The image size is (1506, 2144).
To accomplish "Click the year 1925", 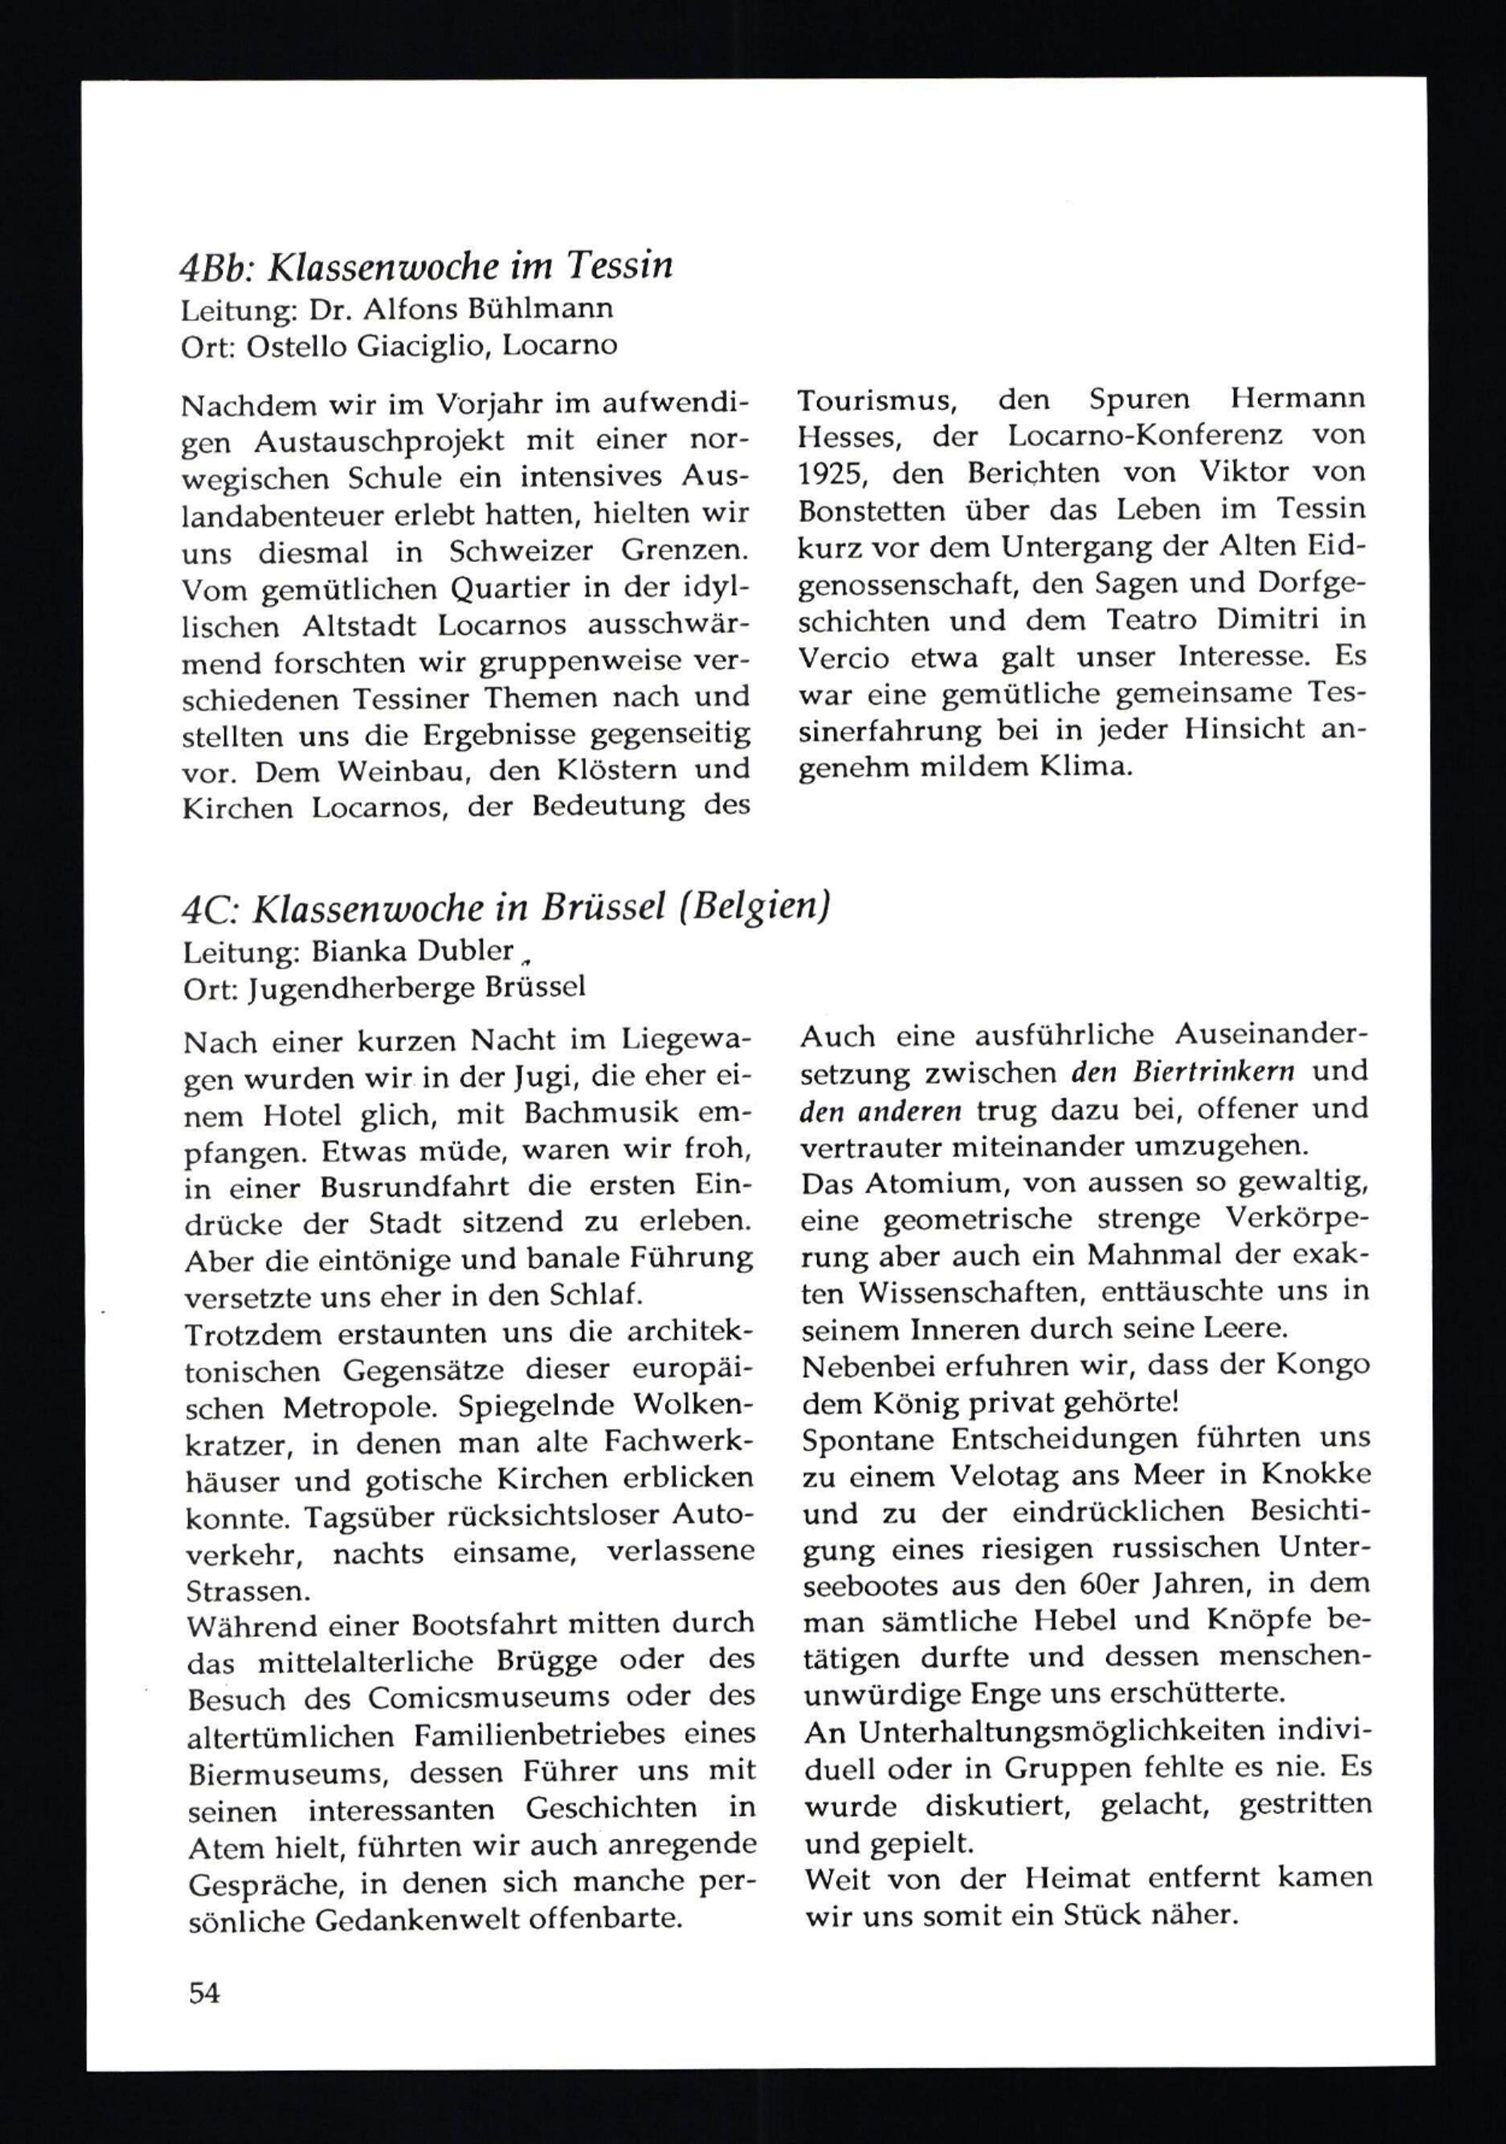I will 833,473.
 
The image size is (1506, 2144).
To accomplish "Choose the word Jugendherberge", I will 363,988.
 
